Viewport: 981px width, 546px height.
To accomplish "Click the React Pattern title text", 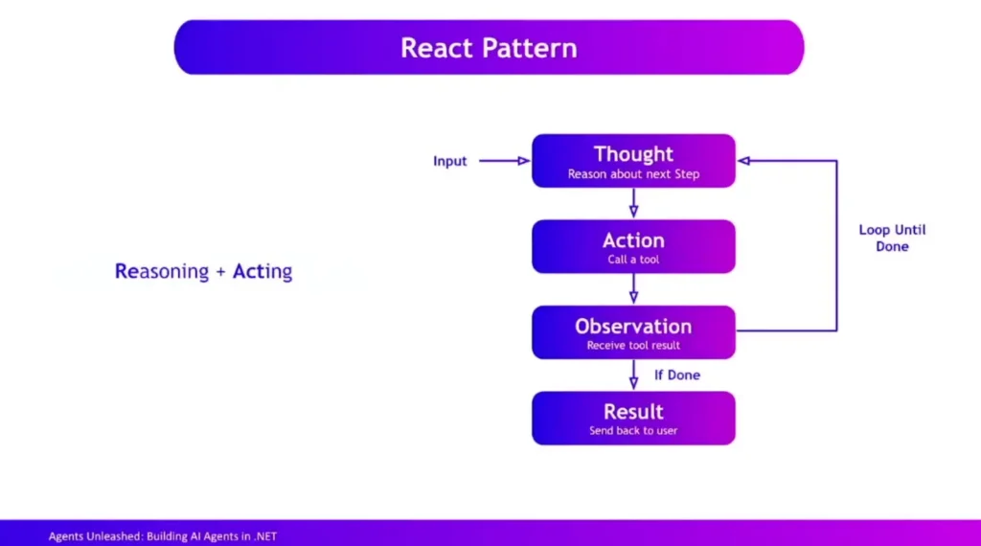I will coord(489,47).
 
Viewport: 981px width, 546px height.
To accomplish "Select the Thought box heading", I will coord(633,154).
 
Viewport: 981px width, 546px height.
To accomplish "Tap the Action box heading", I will coord(633,240).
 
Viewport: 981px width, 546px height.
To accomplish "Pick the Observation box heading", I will coord(633,326).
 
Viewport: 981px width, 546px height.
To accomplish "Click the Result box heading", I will coord(633,412).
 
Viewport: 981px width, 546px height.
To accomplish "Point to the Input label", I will coord(450,161).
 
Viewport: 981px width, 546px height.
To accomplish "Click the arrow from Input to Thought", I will coord(503,161).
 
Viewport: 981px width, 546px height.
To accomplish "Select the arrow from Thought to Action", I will coord(633,203).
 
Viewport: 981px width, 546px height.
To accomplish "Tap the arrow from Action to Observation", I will coord(633,289).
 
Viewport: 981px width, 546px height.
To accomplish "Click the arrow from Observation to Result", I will coord(633,375).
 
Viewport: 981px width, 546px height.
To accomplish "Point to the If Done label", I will coord(677,375).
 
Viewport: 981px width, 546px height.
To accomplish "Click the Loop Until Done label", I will coord(892,239).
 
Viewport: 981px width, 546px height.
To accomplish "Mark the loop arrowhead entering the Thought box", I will coord(743,161).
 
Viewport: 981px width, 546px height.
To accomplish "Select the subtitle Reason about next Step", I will coord(633,174).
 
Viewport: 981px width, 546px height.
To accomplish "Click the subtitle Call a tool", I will coord(633,260).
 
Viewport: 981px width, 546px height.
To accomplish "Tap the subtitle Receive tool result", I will coord(633,345).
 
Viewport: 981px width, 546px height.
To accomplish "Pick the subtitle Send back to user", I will coord(633,431).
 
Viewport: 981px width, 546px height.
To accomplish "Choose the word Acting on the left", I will coord(262,272).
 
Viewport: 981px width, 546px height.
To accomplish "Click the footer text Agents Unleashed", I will coord(95,536).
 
